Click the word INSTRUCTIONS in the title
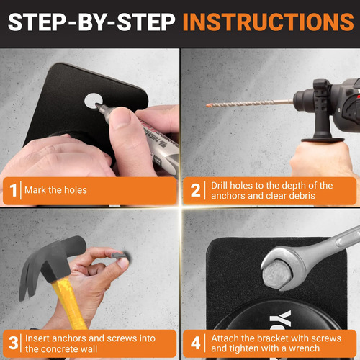pos(269,22)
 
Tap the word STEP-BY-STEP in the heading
pos(91,22)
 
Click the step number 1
pos(14,190)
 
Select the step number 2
pos(195,190)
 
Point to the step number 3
pos(13,343)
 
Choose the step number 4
pos(196,343)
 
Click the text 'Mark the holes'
pos(55,190)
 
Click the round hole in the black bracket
pos(93,101)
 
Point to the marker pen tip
pos(97,105)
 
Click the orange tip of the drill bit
pos(210,105)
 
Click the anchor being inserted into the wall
pos(120,255)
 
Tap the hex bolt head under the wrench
pos(277,274)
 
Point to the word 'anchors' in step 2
pos(228,196)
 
